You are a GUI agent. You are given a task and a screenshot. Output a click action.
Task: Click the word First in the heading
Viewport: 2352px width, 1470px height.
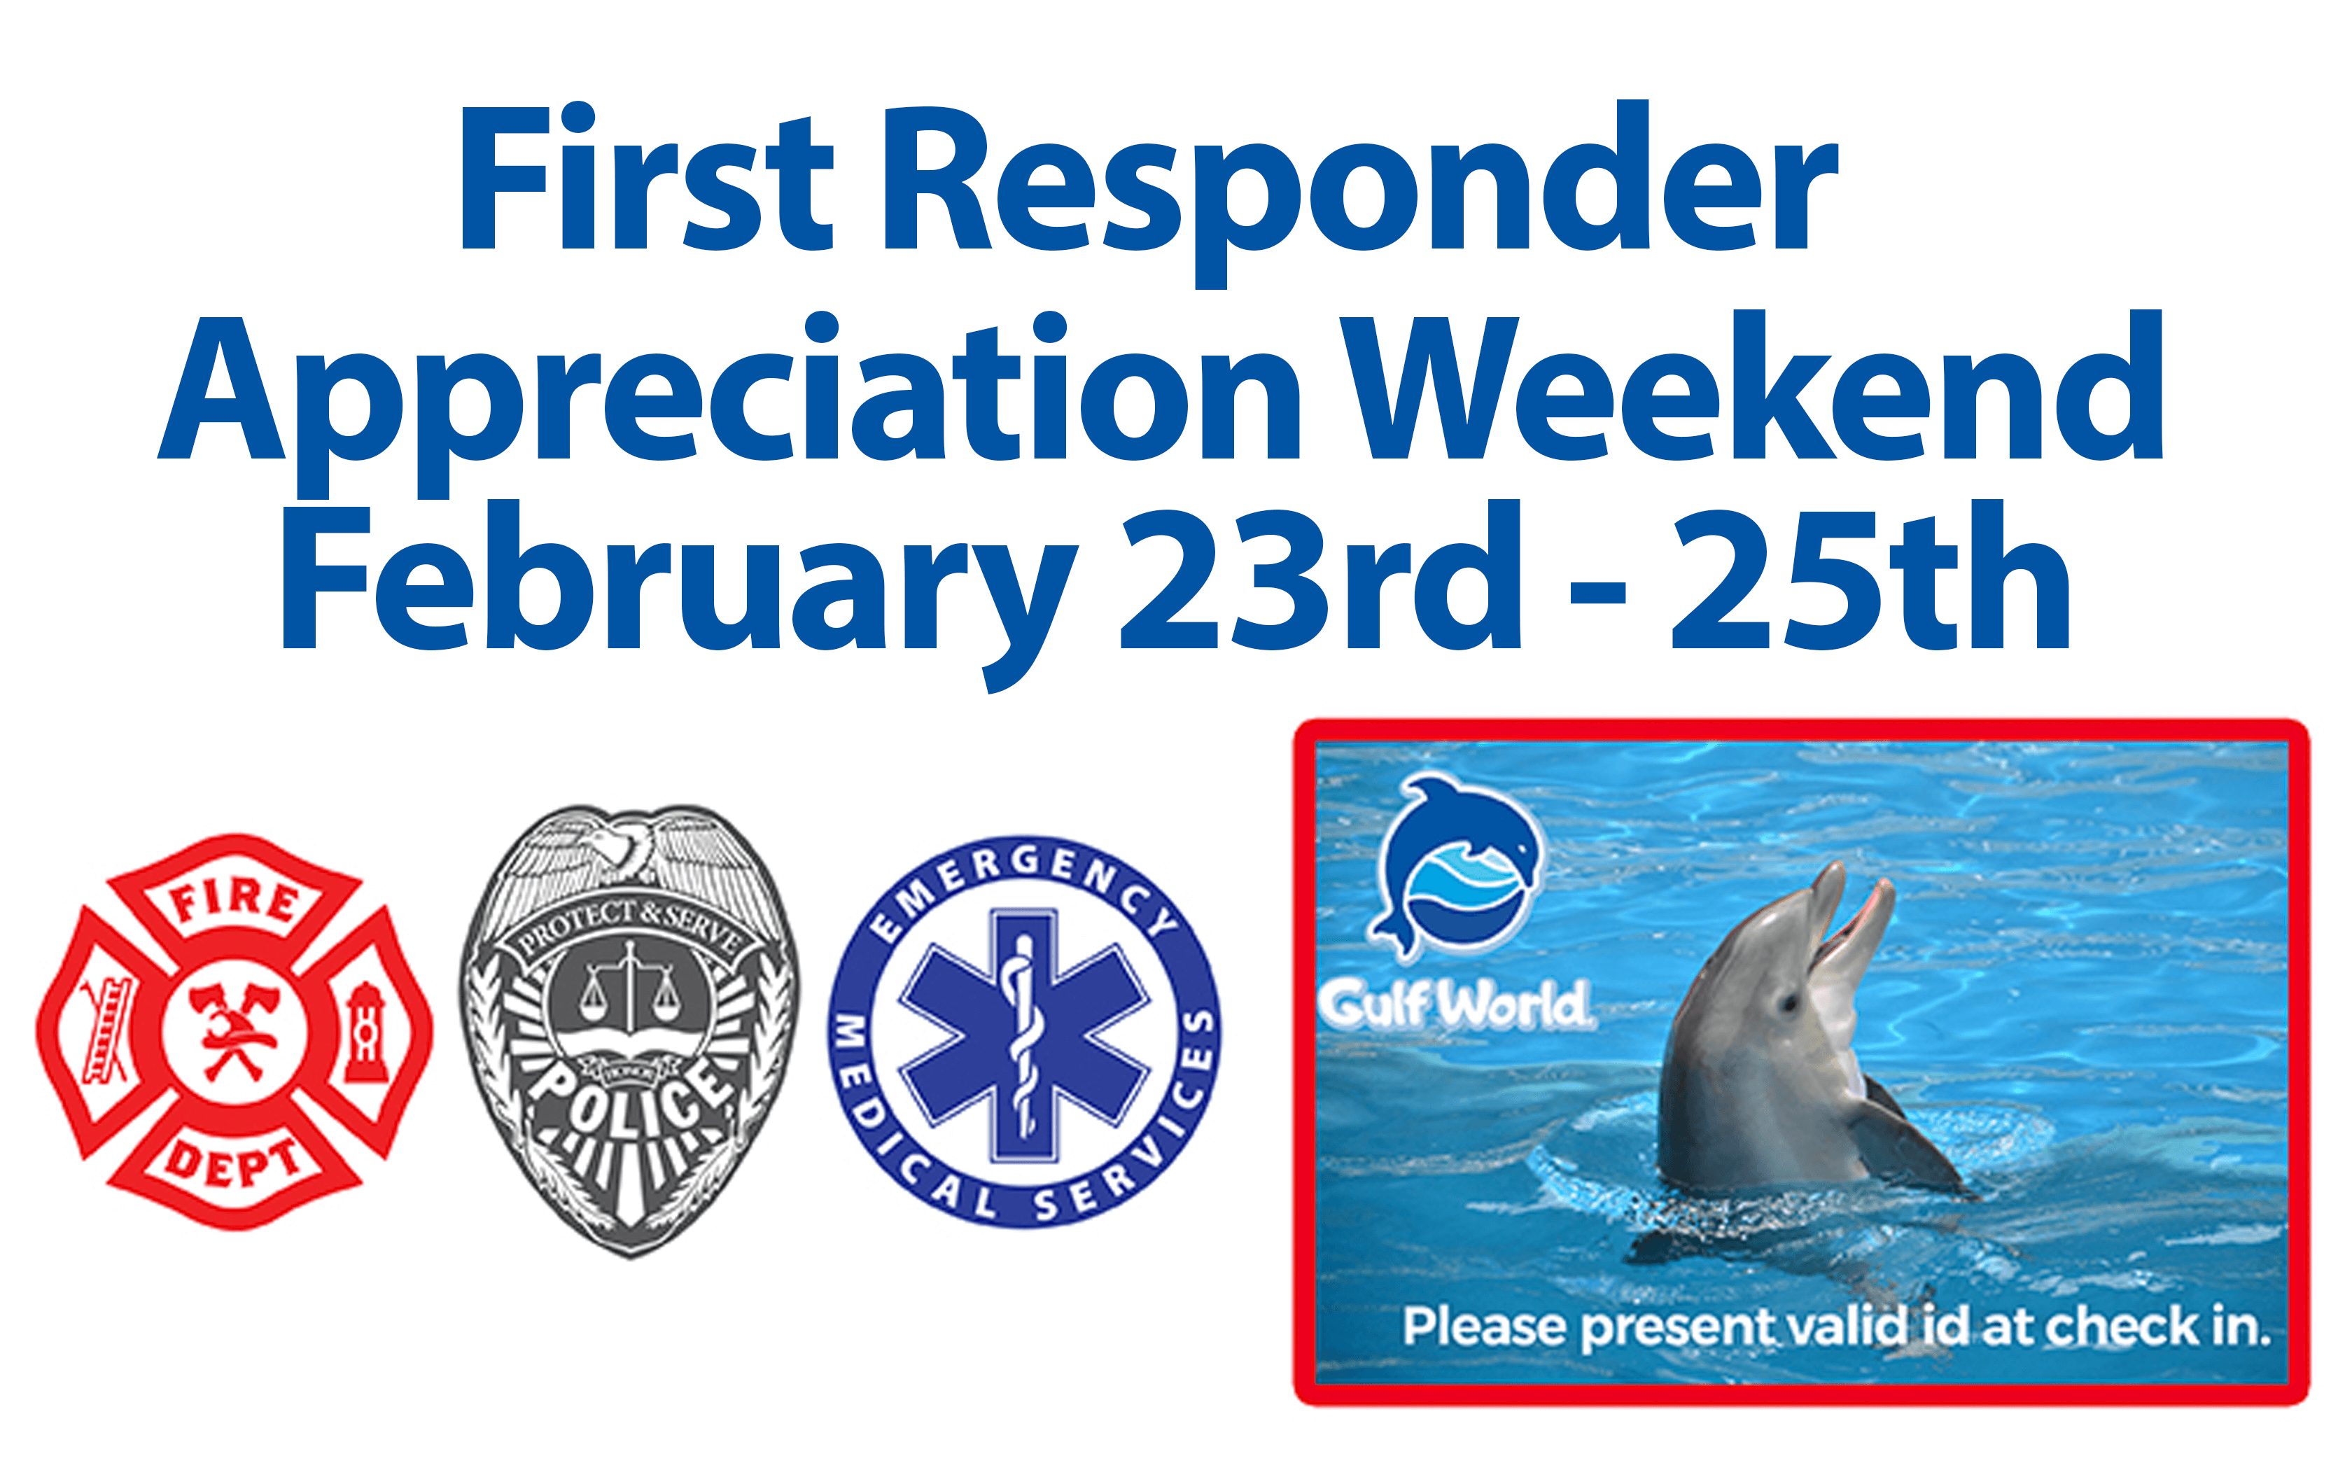click(x=645, y=177)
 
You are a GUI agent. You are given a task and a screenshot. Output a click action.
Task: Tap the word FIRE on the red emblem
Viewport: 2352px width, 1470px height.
click(x=235, y=902)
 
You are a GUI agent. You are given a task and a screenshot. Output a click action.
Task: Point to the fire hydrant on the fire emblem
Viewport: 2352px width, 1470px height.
click(x=365, y=1032)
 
